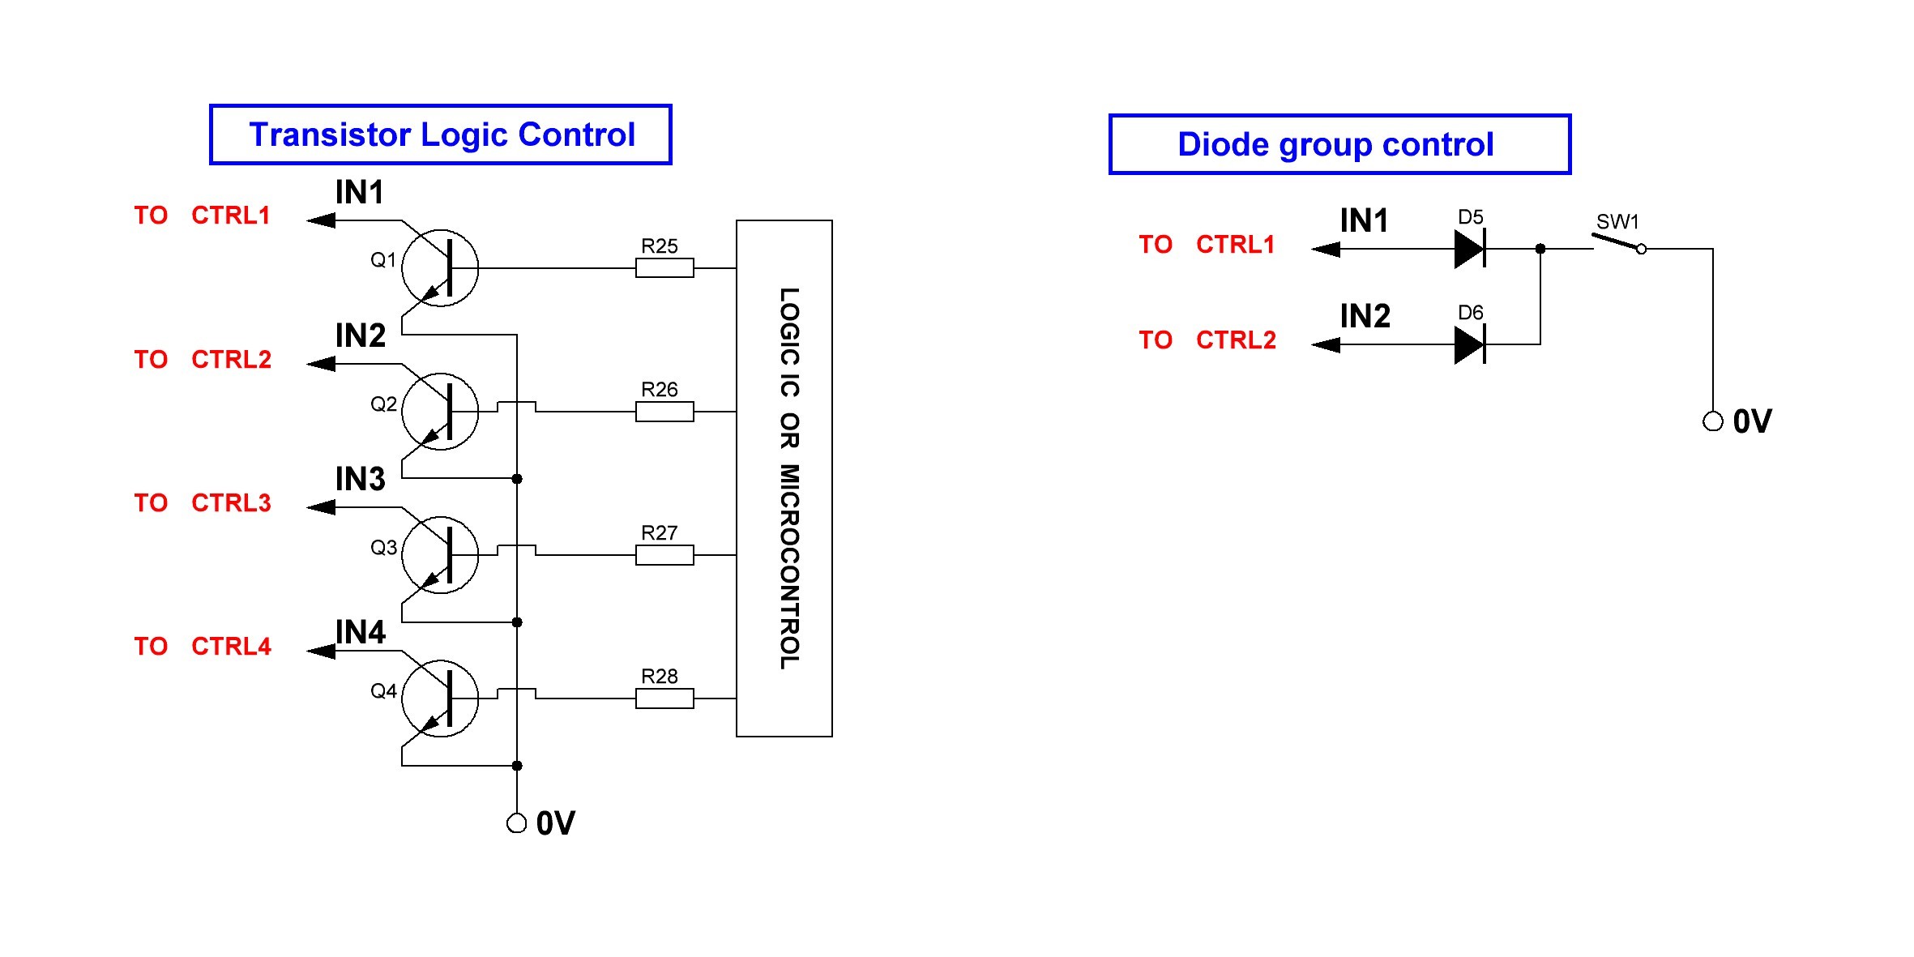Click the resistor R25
click(x=664, y=267)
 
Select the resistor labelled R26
click(x=664, y=412)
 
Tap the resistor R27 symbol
click(x=664, y=555)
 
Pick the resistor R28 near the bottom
click(x=664, y=699)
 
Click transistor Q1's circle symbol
click(x=440, y=268)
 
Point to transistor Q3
click(x=440, y=555)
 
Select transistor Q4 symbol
click(x=440, y=699)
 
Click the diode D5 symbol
click(x=1470, y=249)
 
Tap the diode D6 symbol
click(x=1470, y=344)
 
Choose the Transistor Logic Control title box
click(x=441, y=135)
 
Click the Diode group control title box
click(x=1339, y=144)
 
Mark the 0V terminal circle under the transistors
click(x=516, y=823)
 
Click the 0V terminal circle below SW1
click(x=1712, y=421)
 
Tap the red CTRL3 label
click(x=231, y=503)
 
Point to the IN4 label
click(x=361, y=632)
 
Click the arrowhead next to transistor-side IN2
click(x=322, y=364)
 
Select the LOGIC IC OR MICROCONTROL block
click(x=784, y=478)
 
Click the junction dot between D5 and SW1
click(x=1540, y=249)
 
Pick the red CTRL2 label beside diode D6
click(x=1236, y=340)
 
